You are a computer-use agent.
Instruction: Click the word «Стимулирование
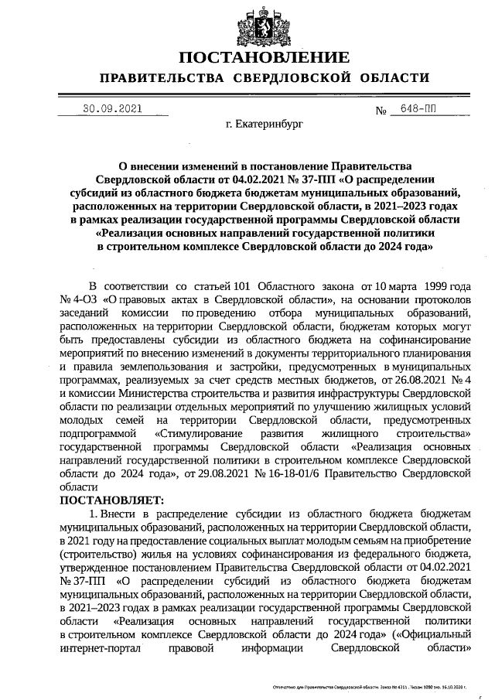pos(200,434)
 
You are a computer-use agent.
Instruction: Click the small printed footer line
pos(371,687)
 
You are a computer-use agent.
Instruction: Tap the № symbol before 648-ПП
pos(381,111)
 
